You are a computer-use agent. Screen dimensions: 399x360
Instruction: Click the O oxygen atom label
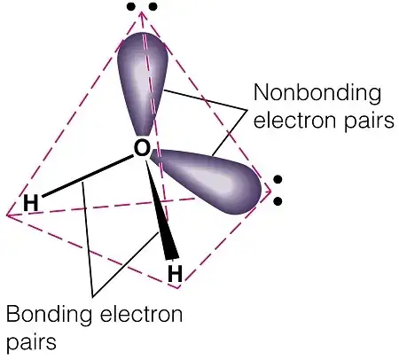click(142, 148)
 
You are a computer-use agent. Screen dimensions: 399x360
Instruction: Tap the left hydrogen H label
click(31, 203)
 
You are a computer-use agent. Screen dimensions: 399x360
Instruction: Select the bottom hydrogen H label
click(175, 273)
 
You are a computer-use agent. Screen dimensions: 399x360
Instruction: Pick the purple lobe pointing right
click(207, 180)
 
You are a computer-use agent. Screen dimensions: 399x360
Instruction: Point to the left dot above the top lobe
click(131, 6)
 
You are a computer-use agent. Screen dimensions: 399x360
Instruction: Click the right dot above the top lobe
click(153, 6)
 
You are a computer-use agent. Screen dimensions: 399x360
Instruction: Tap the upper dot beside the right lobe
click(278, 179)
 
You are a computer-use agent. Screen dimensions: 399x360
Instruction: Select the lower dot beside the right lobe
click(278, 201)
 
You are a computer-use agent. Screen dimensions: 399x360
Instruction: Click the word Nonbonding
click(317, 94)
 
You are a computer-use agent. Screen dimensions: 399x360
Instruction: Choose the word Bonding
click(49, 315)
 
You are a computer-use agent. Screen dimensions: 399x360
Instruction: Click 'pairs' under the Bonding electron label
click(31, 342)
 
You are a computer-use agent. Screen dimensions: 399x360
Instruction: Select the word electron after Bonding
click(141, 314)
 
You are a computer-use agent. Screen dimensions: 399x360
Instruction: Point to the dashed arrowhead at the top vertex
click(142, 15)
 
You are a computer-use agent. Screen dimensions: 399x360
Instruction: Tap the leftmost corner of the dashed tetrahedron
click(7, 215)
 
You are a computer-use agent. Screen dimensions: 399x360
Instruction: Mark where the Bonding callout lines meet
click(92, 296)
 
